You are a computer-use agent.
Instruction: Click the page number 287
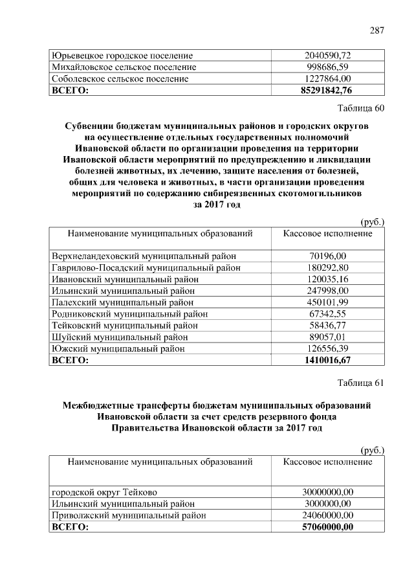377,30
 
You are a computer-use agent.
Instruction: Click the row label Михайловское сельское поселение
124,67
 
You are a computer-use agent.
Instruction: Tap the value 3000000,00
327,504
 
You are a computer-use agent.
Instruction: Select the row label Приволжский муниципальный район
129,515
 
